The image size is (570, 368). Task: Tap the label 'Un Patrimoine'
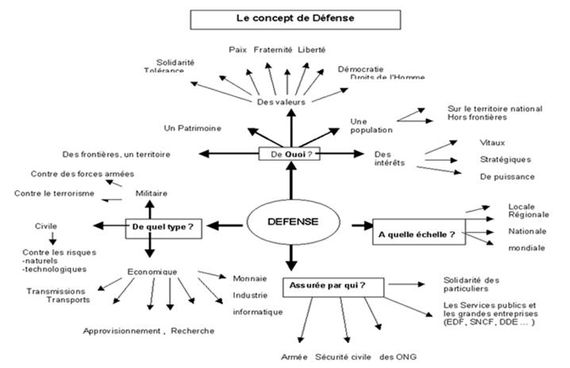click(193, 128)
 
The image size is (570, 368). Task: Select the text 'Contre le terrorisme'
click(55, 193)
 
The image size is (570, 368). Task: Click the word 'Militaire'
click(152, 193)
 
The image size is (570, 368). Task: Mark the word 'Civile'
click(46, 225)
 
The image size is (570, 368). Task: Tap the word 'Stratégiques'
click(506, 159)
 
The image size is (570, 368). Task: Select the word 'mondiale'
click(526, 248)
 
